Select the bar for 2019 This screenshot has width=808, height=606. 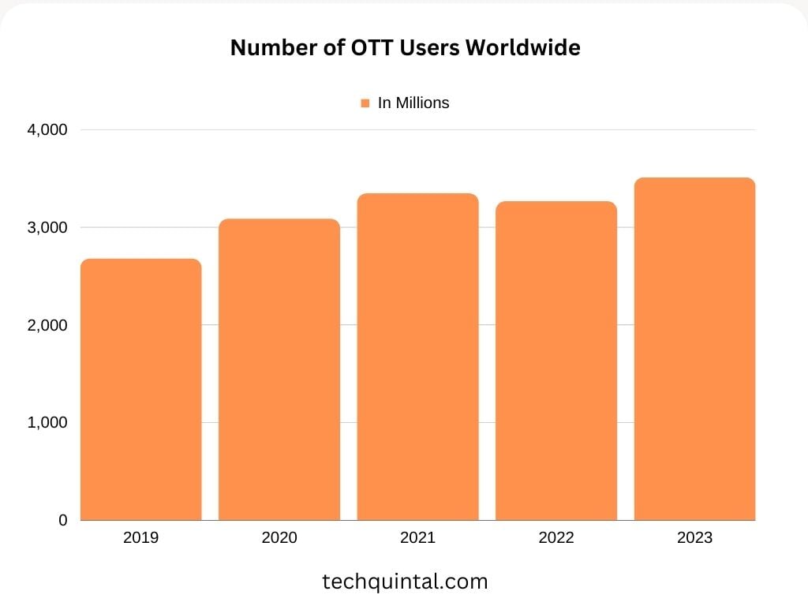pyautogui.click(x=141, y=390)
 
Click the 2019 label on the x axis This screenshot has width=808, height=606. pyautogui.click(x=141, y=538)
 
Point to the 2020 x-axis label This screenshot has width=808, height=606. pyautogui.click(x=279, y=538)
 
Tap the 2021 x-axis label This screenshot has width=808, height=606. pyautogui.click(x=417, y=538)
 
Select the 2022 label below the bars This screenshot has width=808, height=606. pyautogui.click(x=556, y=538)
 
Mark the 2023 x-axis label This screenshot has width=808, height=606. pyautogui.click(x=694, y=538)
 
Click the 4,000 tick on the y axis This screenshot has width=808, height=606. pyautogui.click(x=49, y=129)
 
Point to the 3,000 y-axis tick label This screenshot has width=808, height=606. pyautogui.click(x=49, y=227)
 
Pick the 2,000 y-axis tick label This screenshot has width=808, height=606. pyautogui.click(x=49, y=325)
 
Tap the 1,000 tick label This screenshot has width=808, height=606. pyautogui.click(x=49, y=423)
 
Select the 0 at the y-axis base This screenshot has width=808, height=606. pyautogui.click(x=63, y=521)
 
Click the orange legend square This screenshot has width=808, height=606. pyautogui.click(x=365, y=103)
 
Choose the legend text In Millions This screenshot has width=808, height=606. pyautogui.click(x=413, y=103)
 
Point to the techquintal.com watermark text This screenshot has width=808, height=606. pyautogui.click(x=405, y=582)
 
